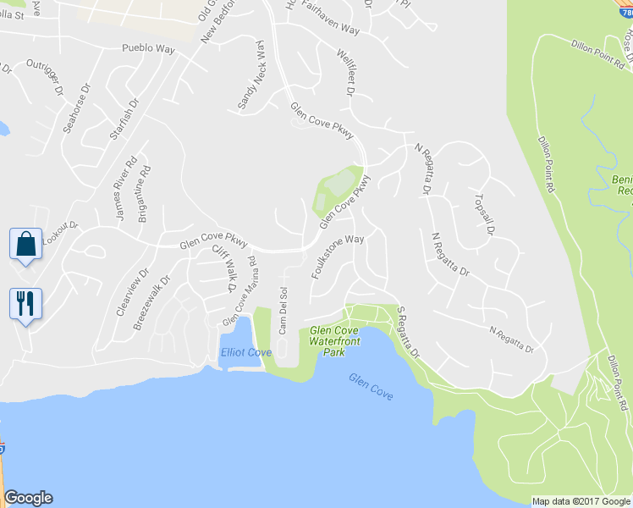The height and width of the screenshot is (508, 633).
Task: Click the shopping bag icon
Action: pyautogui.click(x=25, y=244)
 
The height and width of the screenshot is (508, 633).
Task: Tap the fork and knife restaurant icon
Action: pyautogui.click(x=25, y=302)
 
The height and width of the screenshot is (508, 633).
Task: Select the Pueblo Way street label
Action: pyautogui.click(x=148, y=49)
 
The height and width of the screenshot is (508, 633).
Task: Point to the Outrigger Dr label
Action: pyautogui.click(x=46, y=75)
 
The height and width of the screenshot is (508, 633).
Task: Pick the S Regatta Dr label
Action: pyautogui.click(x=408, y=333)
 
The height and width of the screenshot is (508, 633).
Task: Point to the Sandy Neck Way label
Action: pyautogui.click(x=251, y=77)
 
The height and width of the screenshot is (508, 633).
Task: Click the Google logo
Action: pyautogui.click(x=28, y=498)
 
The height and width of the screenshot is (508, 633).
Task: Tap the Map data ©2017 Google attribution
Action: pyautogui.click(x=581, y=501)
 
